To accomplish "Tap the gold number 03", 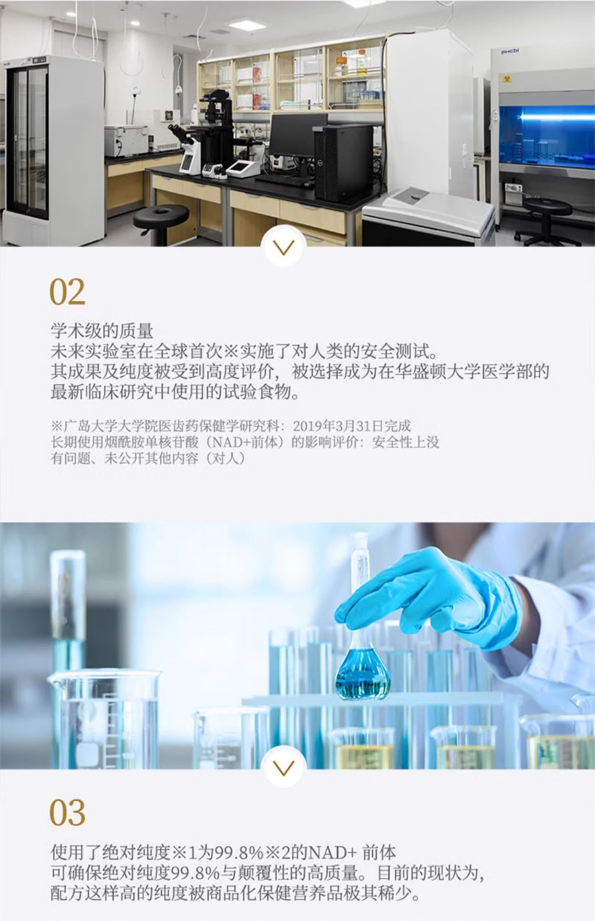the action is click(67, 812).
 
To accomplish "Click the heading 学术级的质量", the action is click(102, 331).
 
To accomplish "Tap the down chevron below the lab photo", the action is click(284, 247).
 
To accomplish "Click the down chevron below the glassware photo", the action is click(284, 767).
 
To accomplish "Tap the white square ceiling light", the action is click(247, 26).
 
